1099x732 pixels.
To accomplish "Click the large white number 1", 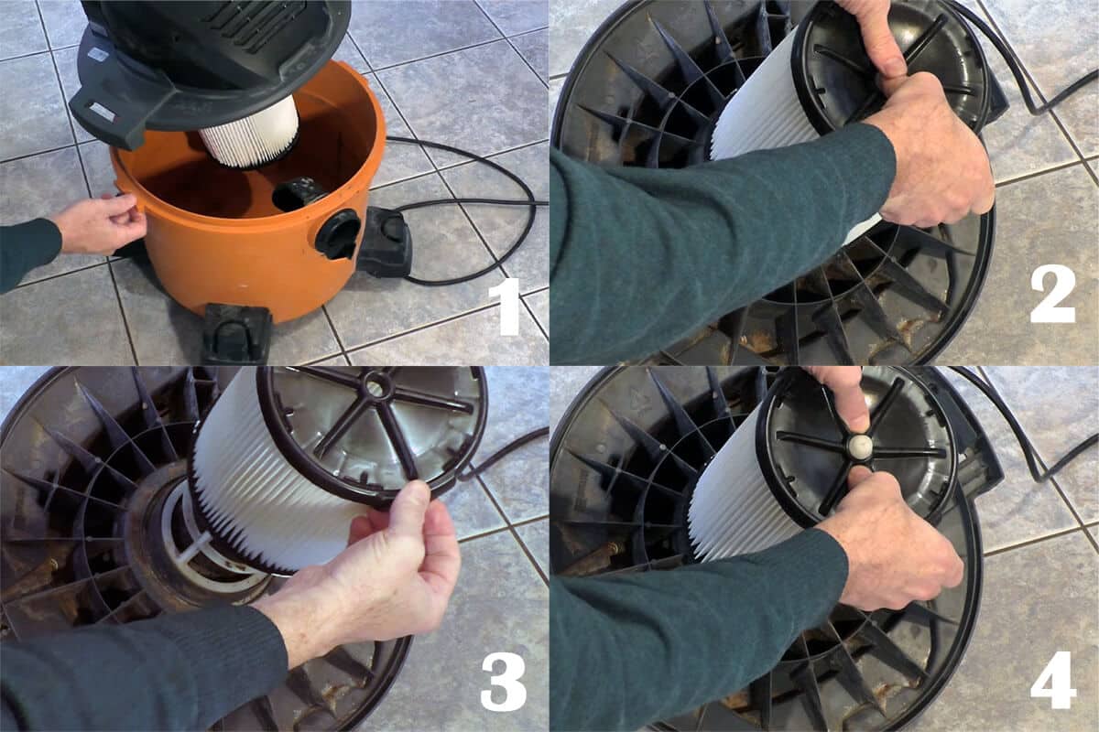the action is click(504, 307).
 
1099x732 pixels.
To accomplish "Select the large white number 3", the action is click(504, 684).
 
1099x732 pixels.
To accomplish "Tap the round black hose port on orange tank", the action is click(338, 234).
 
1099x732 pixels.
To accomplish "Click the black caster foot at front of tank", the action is click(237, 331).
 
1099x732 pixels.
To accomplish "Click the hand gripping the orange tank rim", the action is click(101, 223).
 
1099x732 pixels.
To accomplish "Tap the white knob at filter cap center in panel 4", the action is click(861, 446).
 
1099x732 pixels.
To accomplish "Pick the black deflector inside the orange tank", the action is click(295, 194).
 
